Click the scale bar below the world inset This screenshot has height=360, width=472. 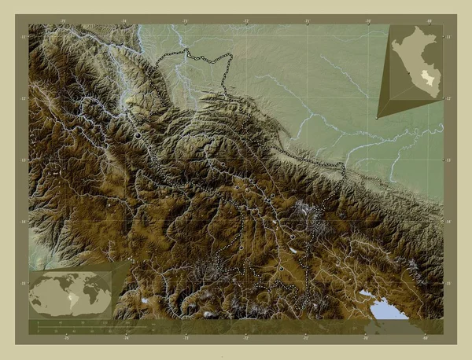pos(71,325)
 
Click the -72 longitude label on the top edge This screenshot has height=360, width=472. pos(246,20)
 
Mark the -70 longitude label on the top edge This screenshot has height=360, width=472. pos(367,20)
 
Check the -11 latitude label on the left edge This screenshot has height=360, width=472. pos(24,37)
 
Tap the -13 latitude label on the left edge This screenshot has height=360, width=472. pos(24,160)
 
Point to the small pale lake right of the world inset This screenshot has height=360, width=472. pos(146,299)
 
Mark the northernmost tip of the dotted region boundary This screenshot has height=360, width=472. pos(187,50)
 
